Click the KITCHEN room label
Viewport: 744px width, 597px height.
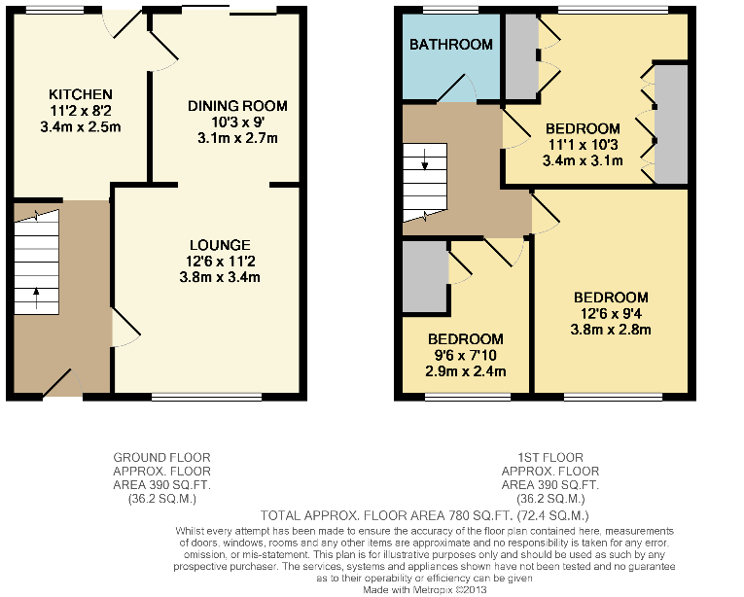[x=81, y=94]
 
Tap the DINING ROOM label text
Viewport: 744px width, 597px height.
[x=237, y=106]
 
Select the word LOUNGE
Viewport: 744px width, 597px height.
[x=220, y=245]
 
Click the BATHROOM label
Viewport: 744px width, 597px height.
[x=451, y=45]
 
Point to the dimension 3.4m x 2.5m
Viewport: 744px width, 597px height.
[x=81, y=127]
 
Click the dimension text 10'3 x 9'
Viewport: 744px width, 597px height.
[x=237, y=122]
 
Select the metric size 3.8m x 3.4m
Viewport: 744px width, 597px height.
[x=220, y=277]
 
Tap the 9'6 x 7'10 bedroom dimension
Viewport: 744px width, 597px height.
[x=466, y=355]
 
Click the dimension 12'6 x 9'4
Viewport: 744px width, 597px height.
[x=611, y=313]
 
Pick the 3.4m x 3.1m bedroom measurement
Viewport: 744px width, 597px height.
[x=583, y=160]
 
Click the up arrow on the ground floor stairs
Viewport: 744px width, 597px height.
[x=36, y=298]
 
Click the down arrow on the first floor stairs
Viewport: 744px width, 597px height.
[x=425, y=159]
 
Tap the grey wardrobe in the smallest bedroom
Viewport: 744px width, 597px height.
[x=425, y=277]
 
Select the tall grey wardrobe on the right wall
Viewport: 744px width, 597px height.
[x=671, y=123]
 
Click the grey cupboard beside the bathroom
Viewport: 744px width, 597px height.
[x=521, y=57]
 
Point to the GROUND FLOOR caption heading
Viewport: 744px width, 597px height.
[x=161, y=458]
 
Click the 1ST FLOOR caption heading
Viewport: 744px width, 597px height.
[x=550, y=458]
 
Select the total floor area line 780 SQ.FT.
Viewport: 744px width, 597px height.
[x=425, y=515]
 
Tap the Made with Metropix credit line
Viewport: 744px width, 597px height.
[x=425, y=590]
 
